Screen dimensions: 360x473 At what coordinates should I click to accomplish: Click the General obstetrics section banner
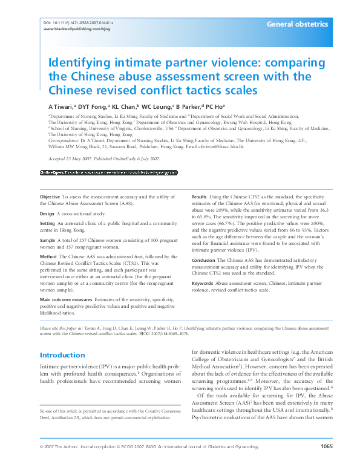298,24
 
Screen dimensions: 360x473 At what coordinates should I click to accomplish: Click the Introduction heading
62,355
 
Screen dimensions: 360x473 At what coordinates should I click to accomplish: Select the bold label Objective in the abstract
50,197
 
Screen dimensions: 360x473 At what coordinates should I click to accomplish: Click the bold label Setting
48,223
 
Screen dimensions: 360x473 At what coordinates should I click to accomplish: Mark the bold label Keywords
202,282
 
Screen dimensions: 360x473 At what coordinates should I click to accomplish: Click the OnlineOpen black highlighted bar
109,172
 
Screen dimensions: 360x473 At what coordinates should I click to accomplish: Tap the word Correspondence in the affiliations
65,139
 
